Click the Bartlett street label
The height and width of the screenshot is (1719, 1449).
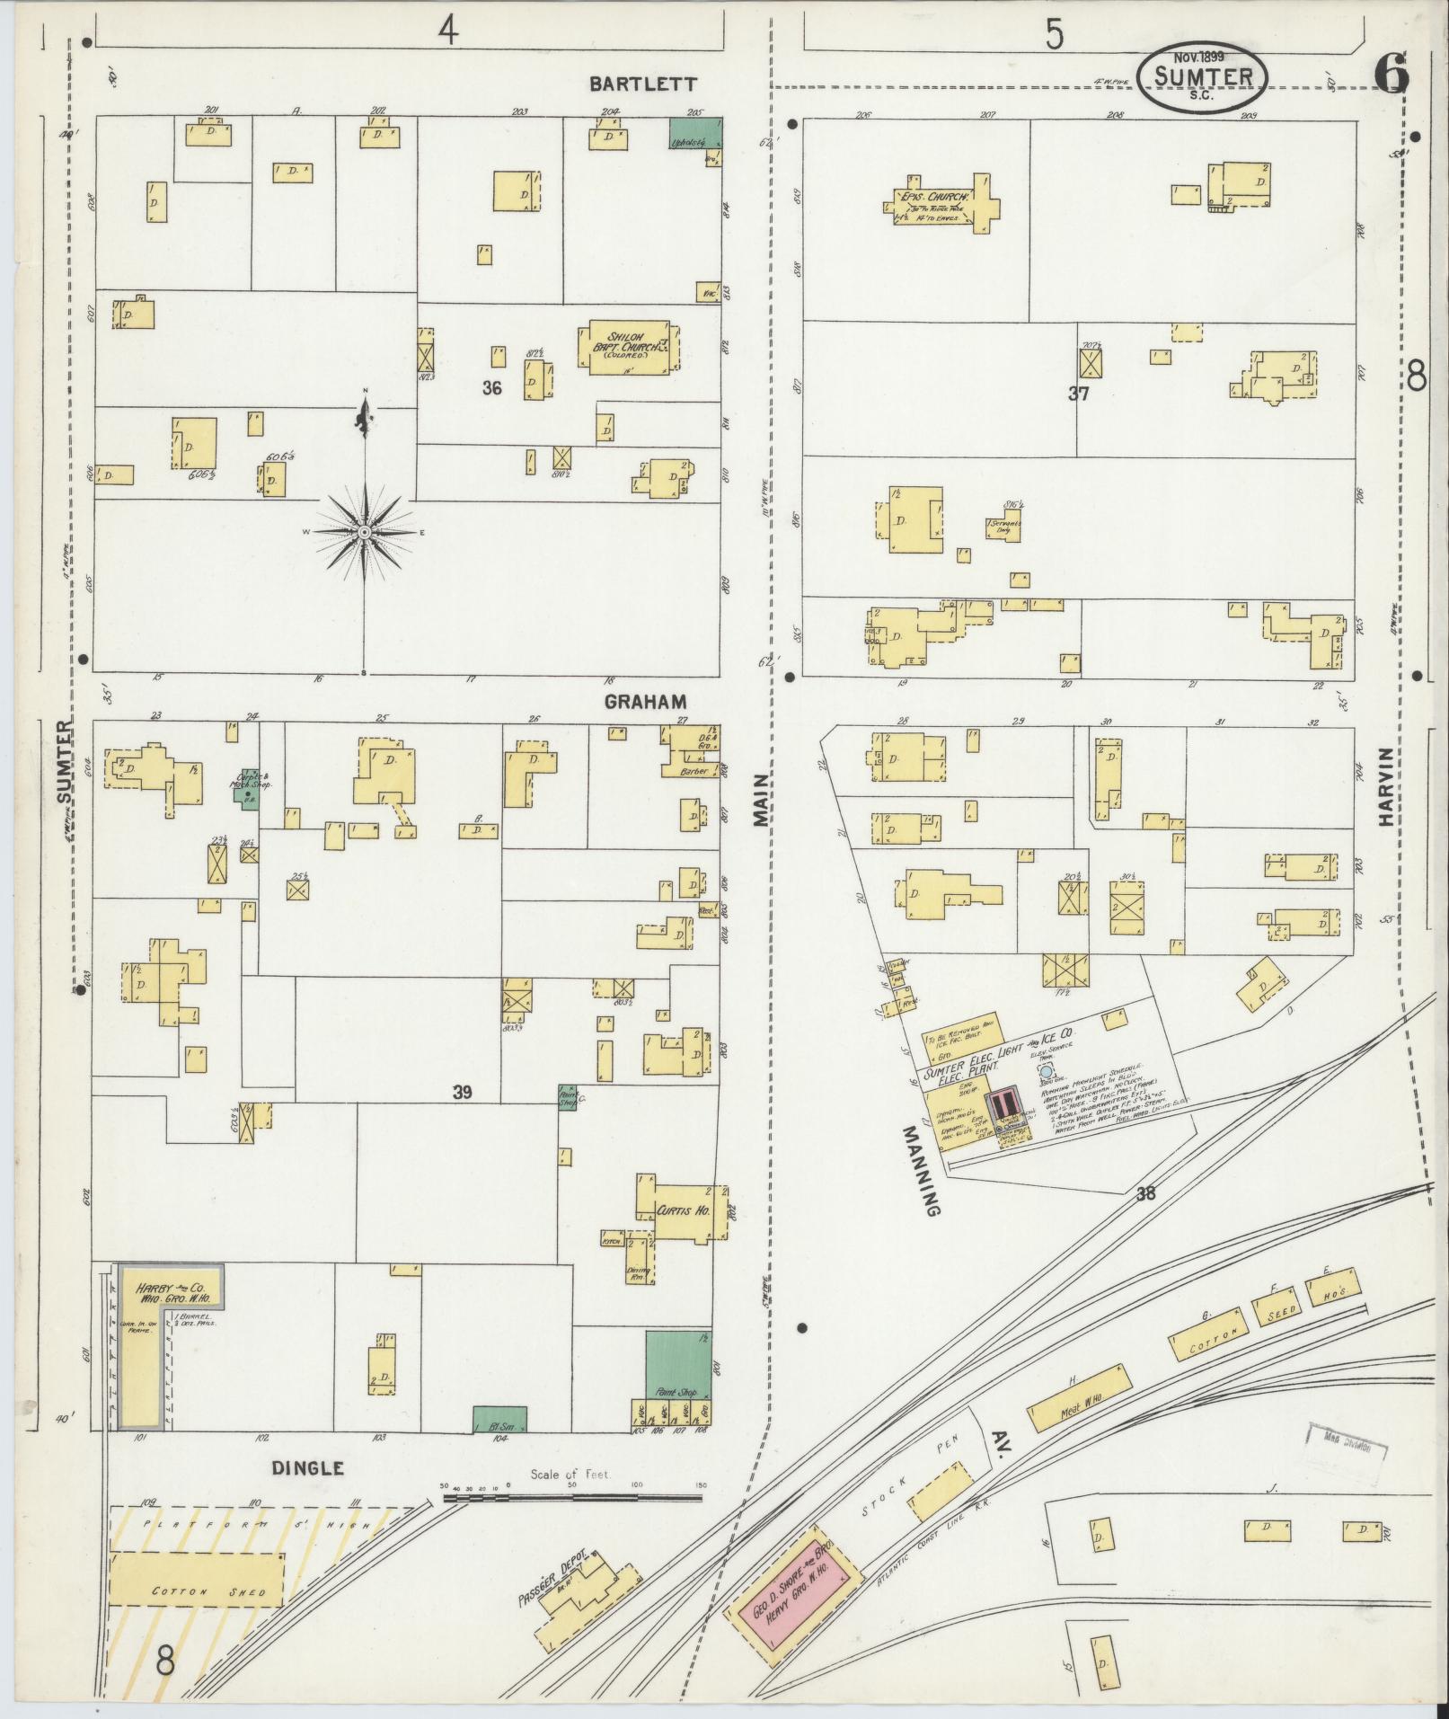[642, 84]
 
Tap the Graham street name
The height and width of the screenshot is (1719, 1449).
[645, 702]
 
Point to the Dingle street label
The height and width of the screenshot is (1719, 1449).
[308, 1467]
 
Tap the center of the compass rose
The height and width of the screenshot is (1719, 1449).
[365, 532]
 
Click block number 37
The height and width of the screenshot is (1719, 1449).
[1078, 393]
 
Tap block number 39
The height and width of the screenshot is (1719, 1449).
[462, 1093]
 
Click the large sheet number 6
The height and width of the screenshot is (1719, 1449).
[1391, 72]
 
